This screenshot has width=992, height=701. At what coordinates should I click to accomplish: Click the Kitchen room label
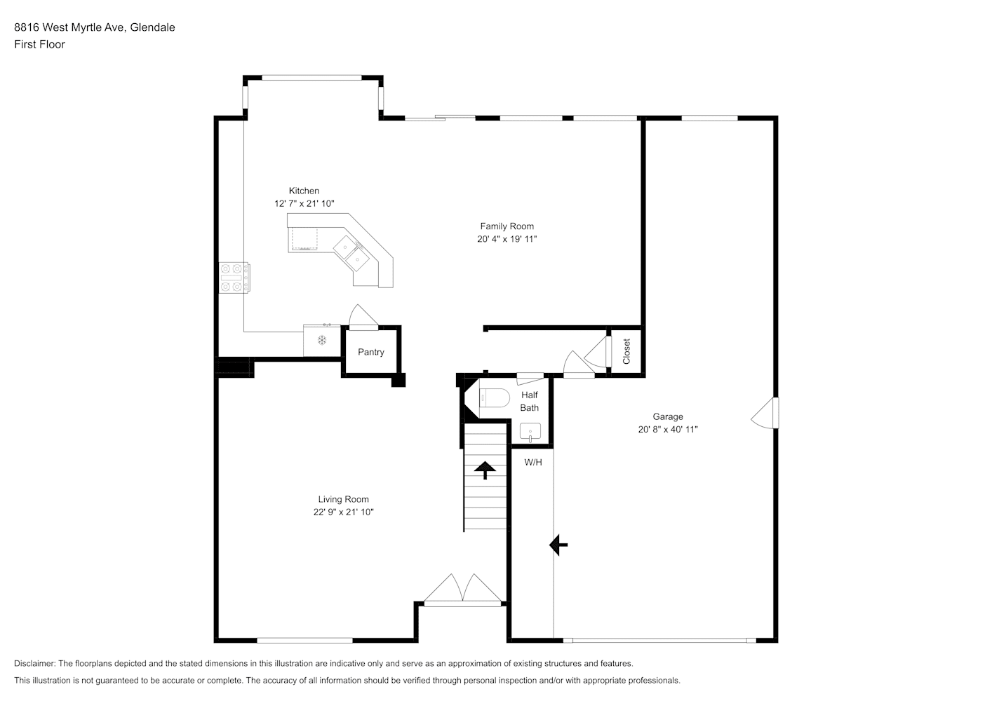coord(304,191)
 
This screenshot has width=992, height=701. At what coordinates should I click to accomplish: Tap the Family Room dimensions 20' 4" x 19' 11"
coord(507,239)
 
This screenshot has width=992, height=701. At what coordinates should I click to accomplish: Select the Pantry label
coord(371,353)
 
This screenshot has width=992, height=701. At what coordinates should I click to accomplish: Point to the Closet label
coord(626,351)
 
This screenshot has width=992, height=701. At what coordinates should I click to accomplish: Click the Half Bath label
coord(530,402)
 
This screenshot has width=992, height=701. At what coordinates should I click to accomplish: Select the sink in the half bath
coord(530,433)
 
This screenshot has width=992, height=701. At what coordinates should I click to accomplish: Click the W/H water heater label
coord(533,463)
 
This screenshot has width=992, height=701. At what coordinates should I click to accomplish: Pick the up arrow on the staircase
coord(485,470)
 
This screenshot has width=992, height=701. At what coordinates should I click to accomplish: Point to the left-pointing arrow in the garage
coord(558,545)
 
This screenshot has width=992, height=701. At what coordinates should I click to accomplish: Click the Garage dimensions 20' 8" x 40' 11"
coord(668,429)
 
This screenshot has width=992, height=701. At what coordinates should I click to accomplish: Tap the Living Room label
coord(344,499)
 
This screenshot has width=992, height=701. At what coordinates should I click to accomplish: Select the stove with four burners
coord(234,278)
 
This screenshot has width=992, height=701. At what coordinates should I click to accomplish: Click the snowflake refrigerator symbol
coord(322,340)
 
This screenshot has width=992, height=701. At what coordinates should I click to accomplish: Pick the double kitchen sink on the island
coord(351,252)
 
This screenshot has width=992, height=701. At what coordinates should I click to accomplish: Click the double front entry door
coord(463,590)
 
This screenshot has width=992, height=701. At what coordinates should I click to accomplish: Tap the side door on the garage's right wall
coord(765,413)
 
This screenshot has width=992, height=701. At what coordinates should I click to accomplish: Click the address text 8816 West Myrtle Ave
coord(70,27)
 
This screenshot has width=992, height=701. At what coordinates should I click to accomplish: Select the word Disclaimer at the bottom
coord(35,663)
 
